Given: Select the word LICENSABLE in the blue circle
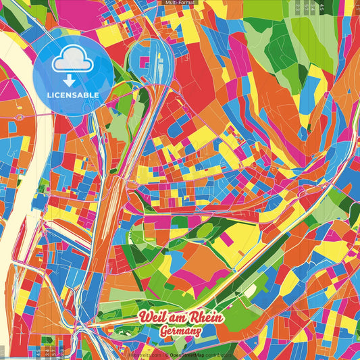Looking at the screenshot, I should tap(72, 95).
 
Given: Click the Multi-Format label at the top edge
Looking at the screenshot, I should tap(180, 3).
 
